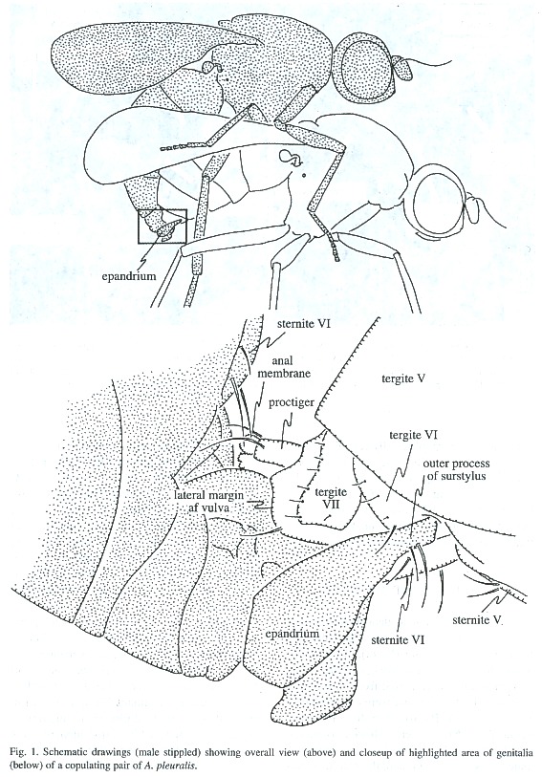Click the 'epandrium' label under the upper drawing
point(128,276)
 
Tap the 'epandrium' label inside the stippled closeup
point(292,634)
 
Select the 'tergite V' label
point(404,379)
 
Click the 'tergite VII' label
point(331,498)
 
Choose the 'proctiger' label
point(292,402)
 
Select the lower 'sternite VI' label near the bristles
point(398,639)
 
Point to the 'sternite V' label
point(478,620)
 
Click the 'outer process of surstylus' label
point(456,469)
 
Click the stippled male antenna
point(403,66)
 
